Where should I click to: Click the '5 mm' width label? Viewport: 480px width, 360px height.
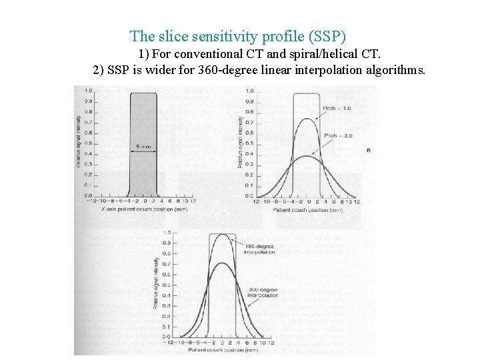click(142, 147)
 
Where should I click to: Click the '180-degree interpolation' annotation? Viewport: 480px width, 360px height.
click(259, 250)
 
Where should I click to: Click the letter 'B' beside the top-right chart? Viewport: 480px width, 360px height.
click(369, 151)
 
